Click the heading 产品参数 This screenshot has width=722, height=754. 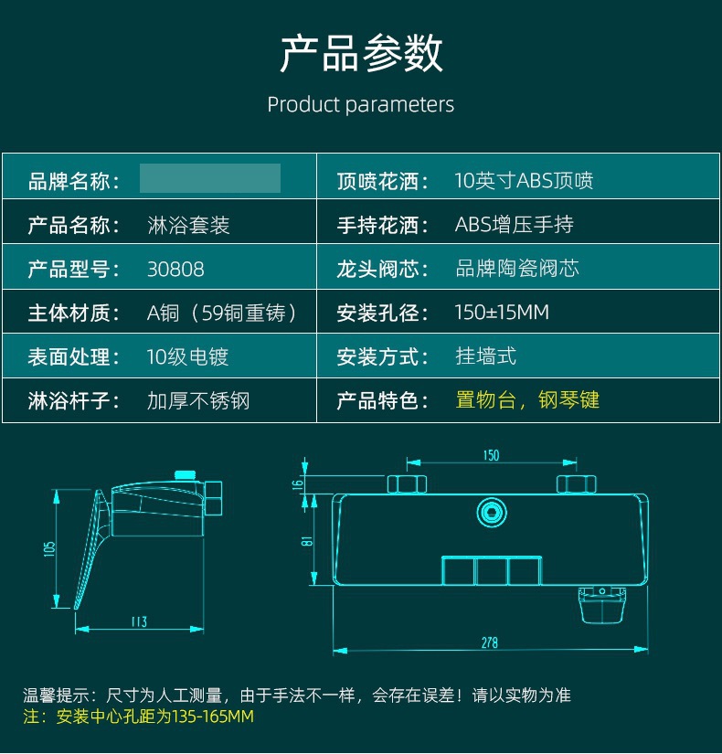tap(361, 54)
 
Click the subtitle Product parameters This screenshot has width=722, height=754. tap(360, 104)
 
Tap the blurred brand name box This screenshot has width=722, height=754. tap(210, 178)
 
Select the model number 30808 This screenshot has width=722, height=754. tap(175, 270)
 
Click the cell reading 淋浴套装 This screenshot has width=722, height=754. tap(188, 225)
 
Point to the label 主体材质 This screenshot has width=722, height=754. tap(74, 313)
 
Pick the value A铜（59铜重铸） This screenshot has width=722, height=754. tap(222, 313)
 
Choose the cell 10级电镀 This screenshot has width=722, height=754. tap(187, 357)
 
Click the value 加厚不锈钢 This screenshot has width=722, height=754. tap(198, 400)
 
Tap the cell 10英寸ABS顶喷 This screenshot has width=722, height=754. tap(524, 181)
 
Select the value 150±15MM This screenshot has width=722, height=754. tap(502, 313)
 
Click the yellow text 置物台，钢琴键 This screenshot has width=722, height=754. tap(527, 400)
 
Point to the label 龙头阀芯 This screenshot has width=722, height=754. tap(383, 270)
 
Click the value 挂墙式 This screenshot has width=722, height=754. tap(485, 356)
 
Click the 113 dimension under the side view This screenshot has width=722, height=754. tap(138, 621)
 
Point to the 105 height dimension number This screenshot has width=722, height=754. tap(50, 547)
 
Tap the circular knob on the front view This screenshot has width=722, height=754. tap(492, 512)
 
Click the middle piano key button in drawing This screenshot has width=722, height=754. tap(491, 571)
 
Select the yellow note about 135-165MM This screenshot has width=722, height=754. tap(137, 717)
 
